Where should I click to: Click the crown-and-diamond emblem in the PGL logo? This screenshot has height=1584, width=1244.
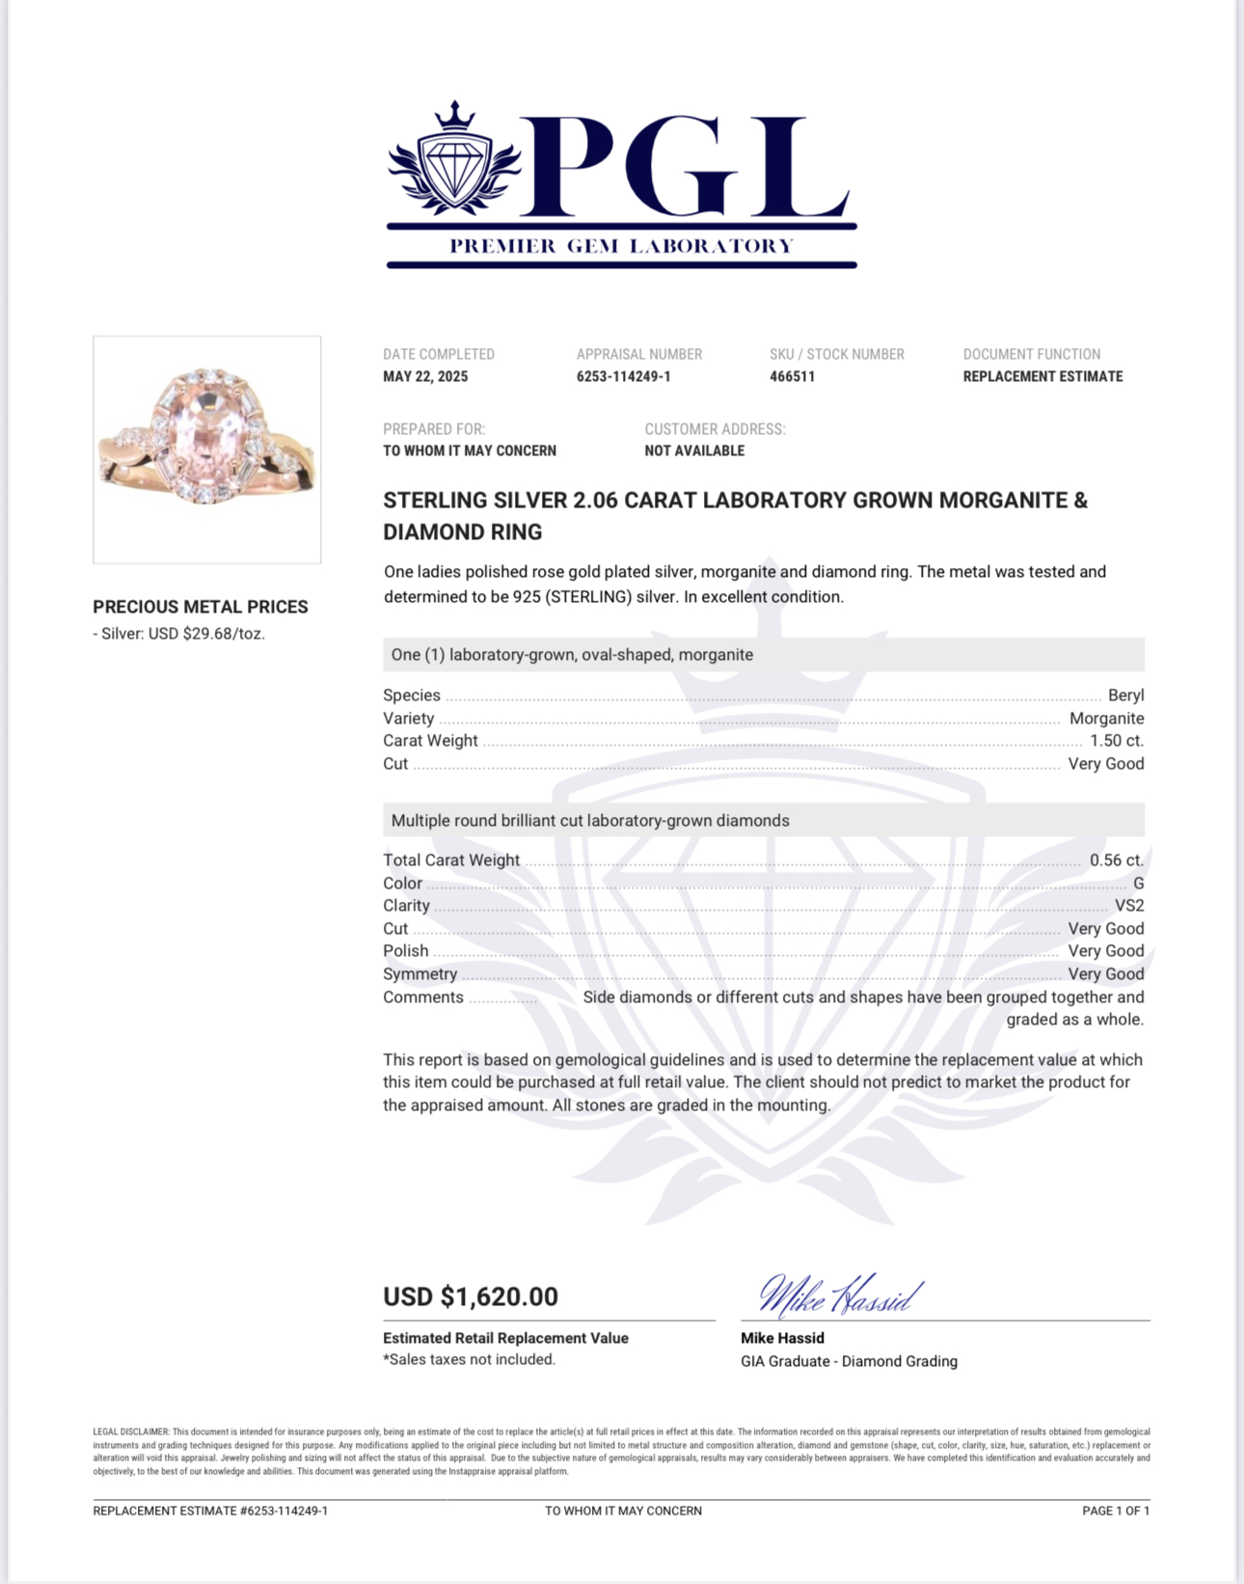(x=454, y=159)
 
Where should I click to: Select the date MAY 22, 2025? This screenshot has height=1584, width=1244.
(x=425, y=377)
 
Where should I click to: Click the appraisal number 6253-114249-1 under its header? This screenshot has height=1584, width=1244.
(x=623, y=377)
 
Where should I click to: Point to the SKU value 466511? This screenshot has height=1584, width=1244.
(x=792, y=377)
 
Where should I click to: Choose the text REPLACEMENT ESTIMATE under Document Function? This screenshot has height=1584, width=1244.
(x=1042, y=377)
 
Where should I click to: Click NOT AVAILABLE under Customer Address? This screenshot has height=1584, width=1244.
(x=694, y=451)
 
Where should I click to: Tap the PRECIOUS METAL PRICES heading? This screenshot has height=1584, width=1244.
(x=201, y=607)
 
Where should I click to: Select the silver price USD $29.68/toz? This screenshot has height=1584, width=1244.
(x=206, y=634)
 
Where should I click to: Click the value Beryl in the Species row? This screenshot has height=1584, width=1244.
(x=1125, y=696)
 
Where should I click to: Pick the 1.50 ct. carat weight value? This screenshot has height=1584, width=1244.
(x=1117, y=741)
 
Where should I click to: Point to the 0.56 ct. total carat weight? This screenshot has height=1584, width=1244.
(x=1117, y=860)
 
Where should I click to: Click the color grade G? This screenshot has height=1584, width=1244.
(x=1138, y=884)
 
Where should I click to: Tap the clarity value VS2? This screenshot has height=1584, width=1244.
(x=1129, y=906)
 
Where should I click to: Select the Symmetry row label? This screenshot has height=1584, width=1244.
(x=419, y=974)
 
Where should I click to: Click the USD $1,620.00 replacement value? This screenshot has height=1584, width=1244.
(x=471, y=1297)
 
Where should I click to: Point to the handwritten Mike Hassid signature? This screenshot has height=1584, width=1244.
(x=839, y=1296)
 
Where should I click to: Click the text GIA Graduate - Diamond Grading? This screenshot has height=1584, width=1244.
(x=849, y=1361)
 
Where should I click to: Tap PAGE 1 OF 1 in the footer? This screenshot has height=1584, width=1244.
(x=1116, y=1511)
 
